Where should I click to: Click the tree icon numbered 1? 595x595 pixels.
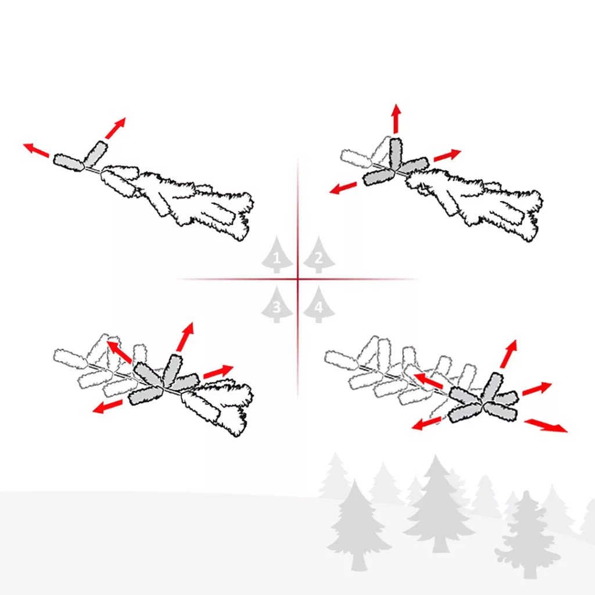pos(277,256)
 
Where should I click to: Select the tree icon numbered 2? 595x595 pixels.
pos(319,256)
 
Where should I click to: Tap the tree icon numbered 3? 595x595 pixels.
pos(277,304)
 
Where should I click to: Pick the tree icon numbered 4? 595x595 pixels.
pos(319,304)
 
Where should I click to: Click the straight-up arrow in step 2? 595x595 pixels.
pos(396,118)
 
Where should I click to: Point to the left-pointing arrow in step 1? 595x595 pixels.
pos(37,150)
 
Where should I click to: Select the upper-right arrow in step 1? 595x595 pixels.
pos(115,128)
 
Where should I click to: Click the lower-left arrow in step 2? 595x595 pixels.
pos(343,188)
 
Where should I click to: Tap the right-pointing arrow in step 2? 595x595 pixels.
pos(447,155)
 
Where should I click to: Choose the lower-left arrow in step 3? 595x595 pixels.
pos(107,406)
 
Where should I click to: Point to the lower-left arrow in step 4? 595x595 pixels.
pos(426,423)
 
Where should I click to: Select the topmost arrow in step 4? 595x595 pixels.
pos(508,354)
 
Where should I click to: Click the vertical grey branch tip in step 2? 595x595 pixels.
pos(395,153)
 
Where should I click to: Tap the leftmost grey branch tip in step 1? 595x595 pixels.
pos(69,163)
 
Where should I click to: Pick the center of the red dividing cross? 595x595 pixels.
pos(298,279)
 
